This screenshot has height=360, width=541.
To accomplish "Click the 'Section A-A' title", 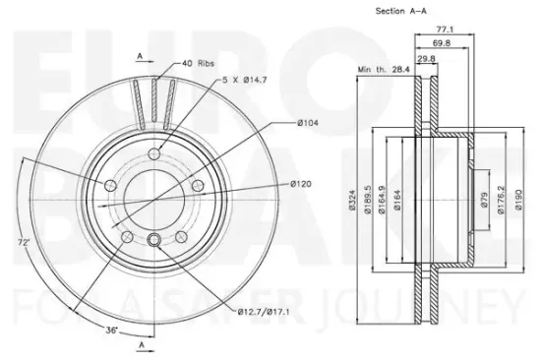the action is pyautogui.click(x=400, y=11).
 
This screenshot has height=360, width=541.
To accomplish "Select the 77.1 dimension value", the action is pyautogui.click(x=445, y=30).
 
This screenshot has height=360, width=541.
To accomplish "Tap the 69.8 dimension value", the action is pyautogui.click(x=442, y=43).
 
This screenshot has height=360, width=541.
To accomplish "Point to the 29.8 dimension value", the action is pyautogui.click(x=427, y=59).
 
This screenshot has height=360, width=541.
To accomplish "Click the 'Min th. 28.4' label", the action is pyautogui.click(x=384, y=70).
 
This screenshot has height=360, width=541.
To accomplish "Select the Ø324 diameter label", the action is pyautogui.click(x=352, y=200).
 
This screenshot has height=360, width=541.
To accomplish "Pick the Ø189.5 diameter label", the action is pyautogui.click(x=368, y=200).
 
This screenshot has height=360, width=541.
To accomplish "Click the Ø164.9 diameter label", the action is pyautogui.click(x=382, y=200).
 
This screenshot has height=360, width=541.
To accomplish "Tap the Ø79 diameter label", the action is pyautogui.click(x=484, y=200).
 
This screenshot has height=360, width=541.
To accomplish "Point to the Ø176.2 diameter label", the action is pyautogui.click(x=501, y=200).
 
